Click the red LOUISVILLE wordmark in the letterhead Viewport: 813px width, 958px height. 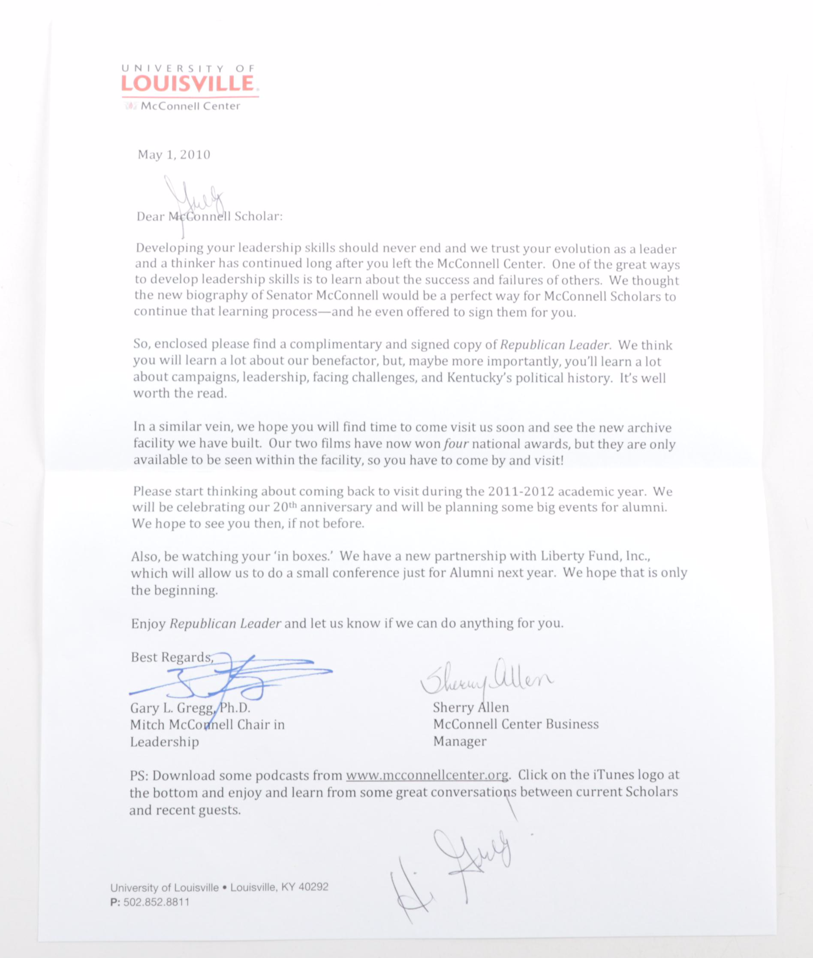tap(187, 84)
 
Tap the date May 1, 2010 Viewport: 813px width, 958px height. tap(174, 154)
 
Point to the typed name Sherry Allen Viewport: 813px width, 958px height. tap(470, 707)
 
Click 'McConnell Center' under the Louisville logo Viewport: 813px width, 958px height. tap(190, 106)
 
